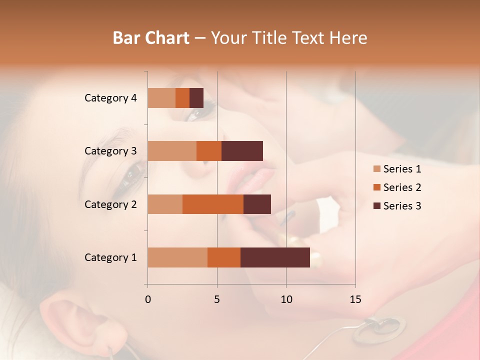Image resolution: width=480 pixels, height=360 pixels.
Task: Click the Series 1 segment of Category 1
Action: (177, 257)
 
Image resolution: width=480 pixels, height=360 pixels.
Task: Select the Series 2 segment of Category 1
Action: (224, 257)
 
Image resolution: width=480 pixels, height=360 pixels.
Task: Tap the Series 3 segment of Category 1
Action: (275, 257)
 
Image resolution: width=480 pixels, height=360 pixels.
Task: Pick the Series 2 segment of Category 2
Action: (213, 204)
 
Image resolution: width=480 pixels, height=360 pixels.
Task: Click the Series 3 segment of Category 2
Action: (257, 204)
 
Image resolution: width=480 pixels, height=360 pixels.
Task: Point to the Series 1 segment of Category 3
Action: (172, 151)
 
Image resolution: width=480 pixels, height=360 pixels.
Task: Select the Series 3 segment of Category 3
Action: (242, 151)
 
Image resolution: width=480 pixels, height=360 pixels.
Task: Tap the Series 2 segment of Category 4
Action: (182, 98)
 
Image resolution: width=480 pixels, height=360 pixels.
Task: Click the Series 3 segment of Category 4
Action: (196, 98)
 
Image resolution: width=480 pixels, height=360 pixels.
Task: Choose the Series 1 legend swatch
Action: (376, 169)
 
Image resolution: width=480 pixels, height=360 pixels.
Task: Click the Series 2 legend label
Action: (402, 187)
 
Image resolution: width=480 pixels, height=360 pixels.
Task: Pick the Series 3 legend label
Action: (402, 206)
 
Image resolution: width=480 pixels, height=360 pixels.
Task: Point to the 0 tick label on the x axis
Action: (148, 299)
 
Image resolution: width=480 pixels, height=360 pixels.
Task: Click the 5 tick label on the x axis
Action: (217, 299)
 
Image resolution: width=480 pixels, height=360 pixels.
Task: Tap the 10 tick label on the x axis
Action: (286, 299)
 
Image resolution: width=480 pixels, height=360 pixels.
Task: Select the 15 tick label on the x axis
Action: (355, 299)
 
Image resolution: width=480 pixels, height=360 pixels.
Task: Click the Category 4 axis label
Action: (110, 98)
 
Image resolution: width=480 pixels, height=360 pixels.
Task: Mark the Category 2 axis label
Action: (110, 204)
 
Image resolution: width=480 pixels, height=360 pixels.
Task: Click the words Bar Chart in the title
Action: (151, 38)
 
